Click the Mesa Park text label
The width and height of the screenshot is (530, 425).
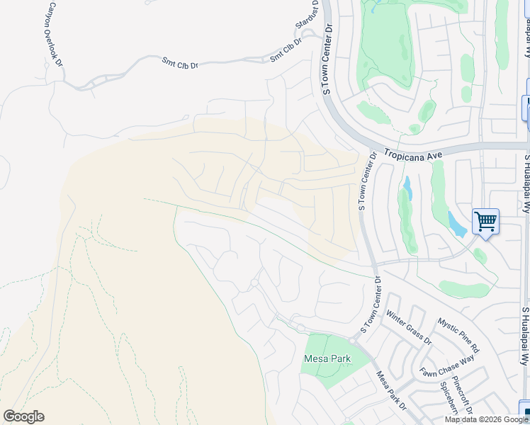pyautogui.click(x=327, y=358)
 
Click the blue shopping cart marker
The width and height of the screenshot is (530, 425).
pyautogui.click(x=485, y=222)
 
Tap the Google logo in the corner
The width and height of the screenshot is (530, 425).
pyautogui.click(x=23, y=416)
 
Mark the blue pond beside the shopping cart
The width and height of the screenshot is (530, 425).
pyautogui.click(x=458, y=225)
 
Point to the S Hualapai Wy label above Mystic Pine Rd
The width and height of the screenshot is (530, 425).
pyautogui.click(x=526, y=184)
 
